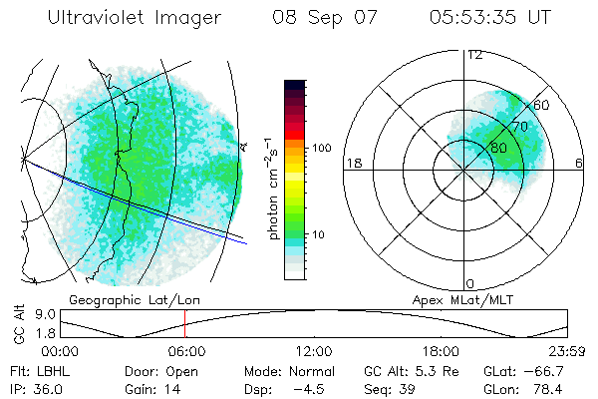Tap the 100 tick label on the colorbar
321,148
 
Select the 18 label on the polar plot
352,163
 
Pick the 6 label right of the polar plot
579,163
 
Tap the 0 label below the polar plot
470,284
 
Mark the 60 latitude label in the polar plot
542,105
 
